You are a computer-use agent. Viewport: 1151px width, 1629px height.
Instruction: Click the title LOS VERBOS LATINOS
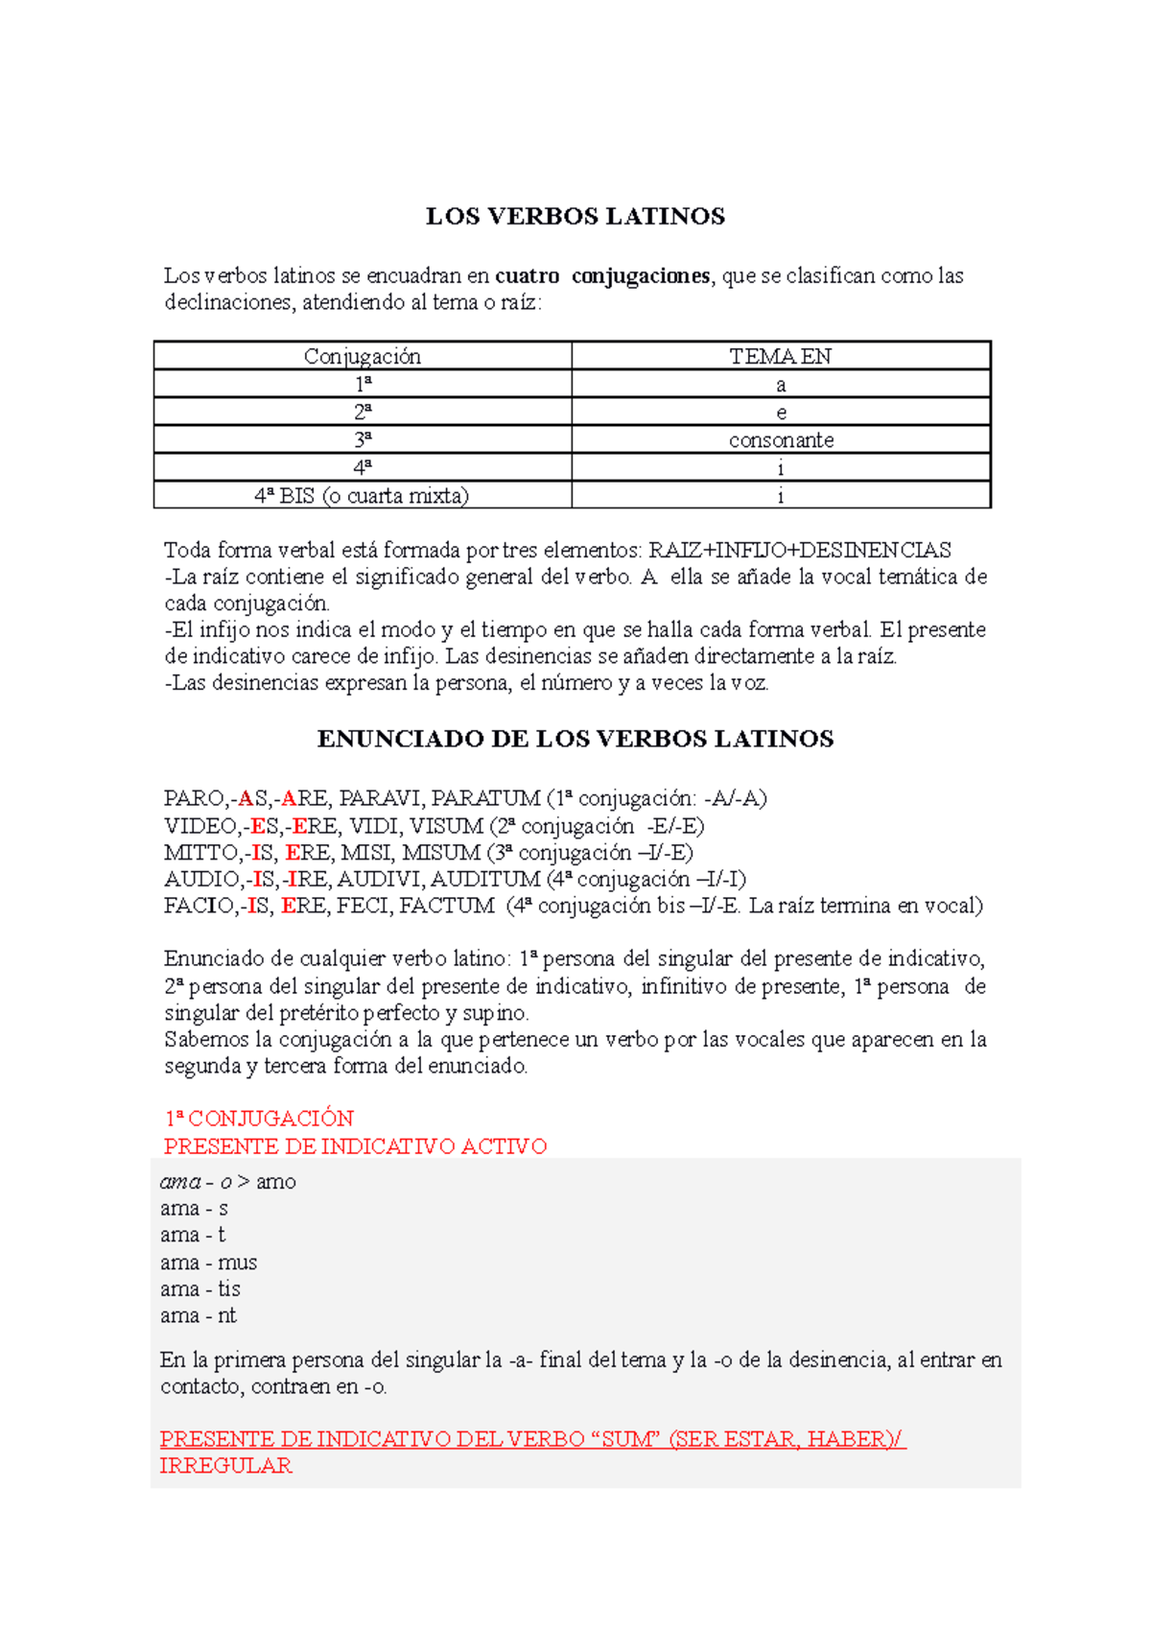575,217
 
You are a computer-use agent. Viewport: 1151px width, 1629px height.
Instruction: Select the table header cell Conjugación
363,357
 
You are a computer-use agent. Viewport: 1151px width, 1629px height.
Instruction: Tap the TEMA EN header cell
780,357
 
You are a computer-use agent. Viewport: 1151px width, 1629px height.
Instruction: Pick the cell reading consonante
781,440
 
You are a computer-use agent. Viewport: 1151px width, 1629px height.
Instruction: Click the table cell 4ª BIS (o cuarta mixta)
362,496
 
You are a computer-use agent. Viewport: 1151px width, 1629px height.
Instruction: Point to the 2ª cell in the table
363,413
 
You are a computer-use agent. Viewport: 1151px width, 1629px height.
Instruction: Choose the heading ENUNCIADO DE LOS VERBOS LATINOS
575,739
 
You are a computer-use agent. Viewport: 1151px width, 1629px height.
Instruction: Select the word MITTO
200,853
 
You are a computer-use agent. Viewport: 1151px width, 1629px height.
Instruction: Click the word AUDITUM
485,879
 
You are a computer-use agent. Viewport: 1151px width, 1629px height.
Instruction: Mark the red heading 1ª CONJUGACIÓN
259,1119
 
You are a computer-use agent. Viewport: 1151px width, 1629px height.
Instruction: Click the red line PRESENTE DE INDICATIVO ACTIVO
355,1146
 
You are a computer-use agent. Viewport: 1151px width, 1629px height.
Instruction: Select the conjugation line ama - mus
208,1263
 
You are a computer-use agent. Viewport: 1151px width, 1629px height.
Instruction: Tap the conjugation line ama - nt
198,1315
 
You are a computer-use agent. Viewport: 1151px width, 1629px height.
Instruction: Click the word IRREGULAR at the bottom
225,1466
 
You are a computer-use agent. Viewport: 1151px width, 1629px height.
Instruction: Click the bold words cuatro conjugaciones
602,276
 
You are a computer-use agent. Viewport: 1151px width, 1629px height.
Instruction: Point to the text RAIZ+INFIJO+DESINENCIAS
800,551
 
